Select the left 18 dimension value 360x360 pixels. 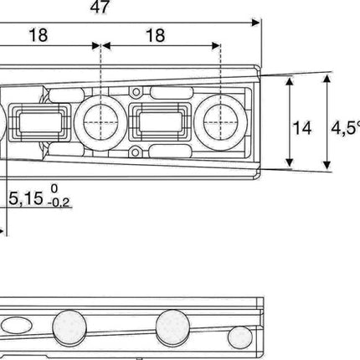click(39, 35)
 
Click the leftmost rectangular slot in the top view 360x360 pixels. click(39, 123)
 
